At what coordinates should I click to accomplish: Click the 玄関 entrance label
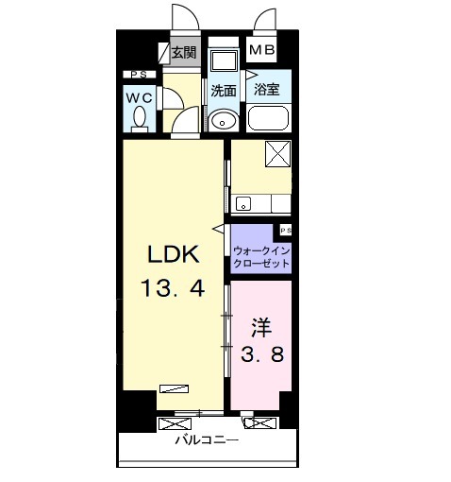click(x=184, y=52)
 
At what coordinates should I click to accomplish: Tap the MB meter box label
click(x=261, y=50)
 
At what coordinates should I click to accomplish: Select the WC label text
click(x=140, y=98)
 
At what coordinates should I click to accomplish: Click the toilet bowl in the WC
click(x=140, y=120)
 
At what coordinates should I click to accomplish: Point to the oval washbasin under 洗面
click(x=223, y=119)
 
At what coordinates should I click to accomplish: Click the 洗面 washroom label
click(x=223, y=91)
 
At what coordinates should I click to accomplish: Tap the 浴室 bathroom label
click(x=267, y=89)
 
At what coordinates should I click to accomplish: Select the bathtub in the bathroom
click(x=268, y=118)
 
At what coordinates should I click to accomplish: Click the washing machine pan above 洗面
click(x=224, y=60)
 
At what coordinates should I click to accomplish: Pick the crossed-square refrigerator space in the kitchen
click(x=277, y=154)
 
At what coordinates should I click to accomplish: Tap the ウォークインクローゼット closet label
click(x=261, y=257)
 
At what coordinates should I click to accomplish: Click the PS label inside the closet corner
click(x=286, y=231)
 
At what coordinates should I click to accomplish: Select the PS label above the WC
click(x=139, y=75)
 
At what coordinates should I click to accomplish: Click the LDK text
click(x=174, y=254)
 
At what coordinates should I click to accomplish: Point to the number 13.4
click(x=173, y=288)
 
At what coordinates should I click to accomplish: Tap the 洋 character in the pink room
click(x=261, y=328)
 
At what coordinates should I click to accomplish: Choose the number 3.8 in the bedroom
click(x=262, y=353)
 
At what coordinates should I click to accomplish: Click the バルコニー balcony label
click(x=207, y=439)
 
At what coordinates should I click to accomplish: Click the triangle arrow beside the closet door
click(x=218, y=229)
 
